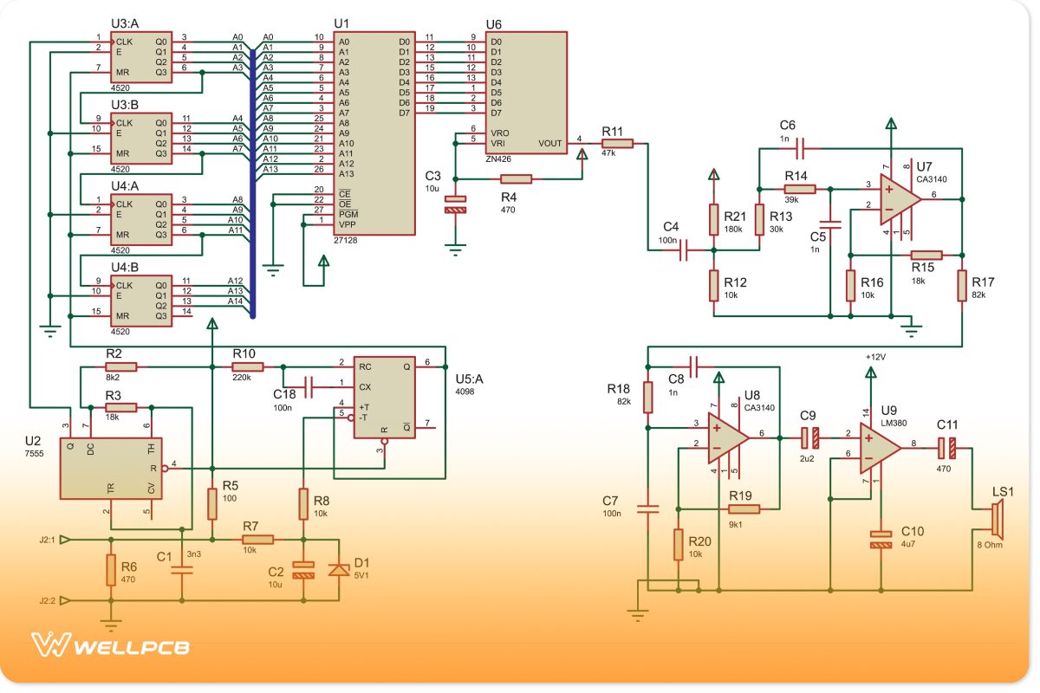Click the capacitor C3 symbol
[455, 204]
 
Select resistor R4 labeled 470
[517, 178]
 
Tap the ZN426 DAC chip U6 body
[527, 92]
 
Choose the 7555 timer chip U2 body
[109, 468]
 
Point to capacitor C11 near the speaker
[946, 448]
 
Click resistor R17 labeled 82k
[962, 285]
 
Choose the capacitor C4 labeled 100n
[684, 251]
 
